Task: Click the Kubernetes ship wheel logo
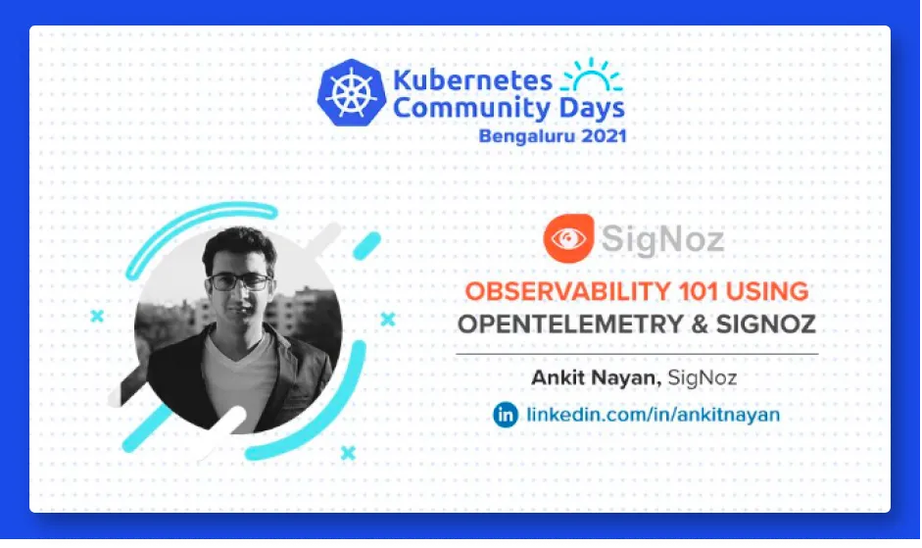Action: (352, 92)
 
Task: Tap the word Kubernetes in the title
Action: (473, 80)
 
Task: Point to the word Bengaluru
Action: (519, 136)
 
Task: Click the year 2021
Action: (596, 136)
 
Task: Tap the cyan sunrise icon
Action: (592, 75)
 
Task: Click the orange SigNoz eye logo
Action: (568, 238)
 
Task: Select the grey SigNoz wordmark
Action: (662, 239)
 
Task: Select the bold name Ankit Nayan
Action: (597, 377)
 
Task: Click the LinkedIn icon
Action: (506, 415)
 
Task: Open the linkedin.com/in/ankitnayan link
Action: (654, 415)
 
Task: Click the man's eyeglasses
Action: (240, 282)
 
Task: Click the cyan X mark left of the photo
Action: (97, 316)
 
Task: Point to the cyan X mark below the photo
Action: (348, 453)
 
